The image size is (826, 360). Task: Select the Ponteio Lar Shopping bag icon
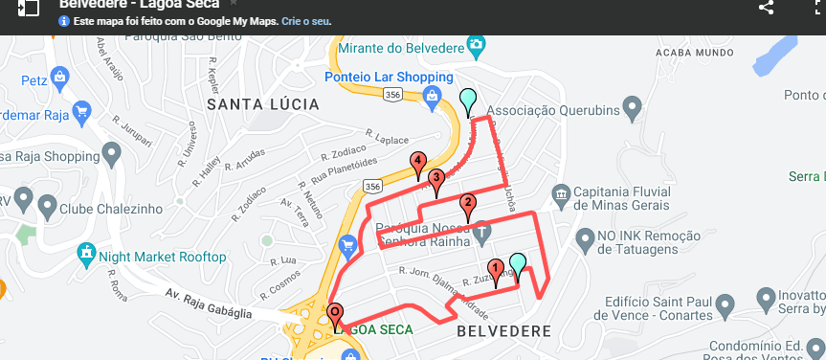pyautogui.click(x=432, y=95)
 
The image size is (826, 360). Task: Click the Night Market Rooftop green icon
pyautogui.click(x=87, y=255)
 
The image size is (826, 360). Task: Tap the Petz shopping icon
pyautogui.click(x=60, y=76)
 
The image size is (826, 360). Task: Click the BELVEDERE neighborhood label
pyautogui.click(x=503, y=331)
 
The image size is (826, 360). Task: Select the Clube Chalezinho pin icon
pyautogui.click(x=23, y=203)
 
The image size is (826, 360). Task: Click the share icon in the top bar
pyautogui.click(x=765, y=7)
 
